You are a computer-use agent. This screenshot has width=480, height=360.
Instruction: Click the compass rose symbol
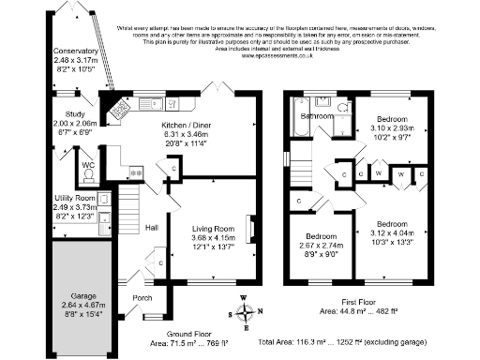pos(246,313)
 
